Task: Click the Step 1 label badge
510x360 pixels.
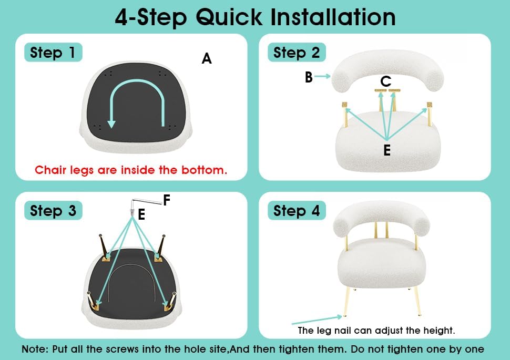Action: tap(53, 53)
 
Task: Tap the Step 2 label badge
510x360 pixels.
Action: tap(297, 53)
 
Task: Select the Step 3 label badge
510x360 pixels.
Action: tap(53, 210)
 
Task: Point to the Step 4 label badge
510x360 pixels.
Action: tap(297, 210)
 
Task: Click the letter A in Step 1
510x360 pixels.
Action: tap(207, 58)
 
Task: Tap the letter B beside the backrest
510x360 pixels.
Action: tap(309, 77)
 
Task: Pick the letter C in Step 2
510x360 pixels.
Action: tap(386, 81)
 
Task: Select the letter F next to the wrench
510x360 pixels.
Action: tap(167, 200)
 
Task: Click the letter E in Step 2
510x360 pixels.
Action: tap(387, 150)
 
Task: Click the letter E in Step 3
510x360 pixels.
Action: tap(141, 214)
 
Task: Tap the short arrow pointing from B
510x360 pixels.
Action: tap(322, 76)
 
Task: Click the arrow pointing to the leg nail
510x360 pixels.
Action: tap(317, 320)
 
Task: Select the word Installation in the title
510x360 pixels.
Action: tap(333, 17)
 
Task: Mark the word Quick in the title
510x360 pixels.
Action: tap(229, 17)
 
